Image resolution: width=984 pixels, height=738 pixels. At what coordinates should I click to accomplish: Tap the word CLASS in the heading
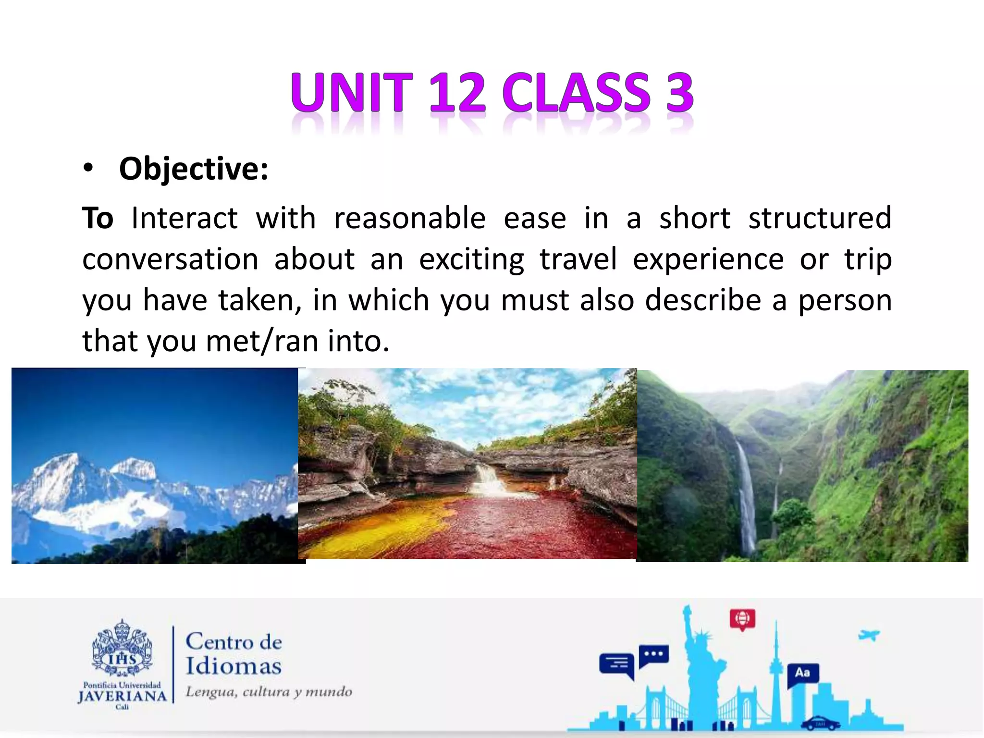pyautogui.click(x=576, y=92)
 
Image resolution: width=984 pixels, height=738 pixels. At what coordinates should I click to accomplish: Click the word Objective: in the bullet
pyautogui.click(x=194, y=169)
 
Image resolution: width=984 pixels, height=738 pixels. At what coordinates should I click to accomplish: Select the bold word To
pyautogui.click(x=98, y=218)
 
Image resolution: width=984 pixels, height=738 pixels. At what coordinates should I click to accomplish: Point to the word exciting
pyautogui.click(x=471, y=259)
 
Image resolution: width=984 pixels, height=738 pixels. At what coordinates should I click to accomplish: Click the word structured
pyautogui.click(x=819, y=218)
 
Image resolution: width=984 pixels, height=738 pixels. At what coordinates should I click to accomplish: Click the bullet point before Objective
pyautogui.click(x=87, y=168)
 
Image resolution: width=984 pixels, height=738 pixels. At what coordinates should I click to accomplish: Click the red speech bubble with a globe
pyautogui.click(x=742, y=618)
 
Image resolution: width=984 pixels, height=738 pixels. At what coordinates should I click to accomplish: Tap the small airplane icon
pyautogui.click(x=869, y=635)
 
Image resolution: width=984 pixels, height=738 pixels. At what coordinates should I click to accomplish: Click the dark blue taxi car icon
pyautogui.click(x=820, y=723)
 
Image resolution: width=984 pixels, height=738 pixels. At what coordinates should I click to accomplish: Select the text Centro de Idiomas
pyautogui.click(x=234, y=654)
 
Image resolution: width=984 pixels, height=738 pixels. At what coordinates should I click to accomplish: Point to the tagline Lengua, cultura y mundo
pyautogui.click(x=269, y=692)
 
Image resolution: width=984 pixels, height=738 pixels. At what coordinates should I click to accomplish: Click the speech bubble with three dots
pyautogui.click(x=653, y=655)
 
